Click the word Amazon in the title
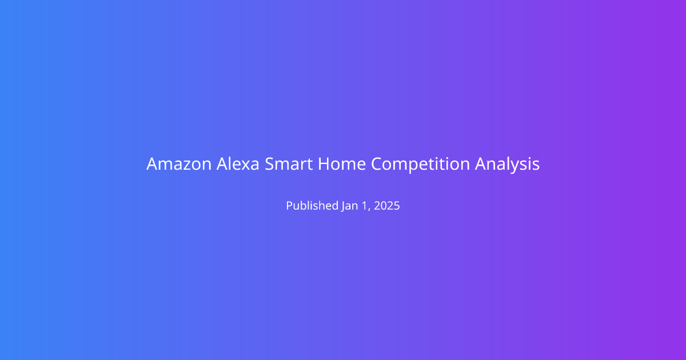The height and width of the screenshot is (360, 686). coord(179,164)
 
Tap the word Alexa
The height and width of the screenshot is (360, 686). coord(238,164)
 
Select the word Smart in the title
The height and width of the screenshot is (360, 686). coord(289,164)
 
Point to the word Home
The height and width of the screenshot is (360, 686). coord(342,164)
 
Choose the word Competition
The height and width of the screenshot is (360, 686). coord(421,165)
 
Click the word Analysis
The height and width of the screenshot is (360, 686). coord(507,165)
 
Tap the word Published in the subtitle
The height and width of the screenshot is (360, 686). coord(312,205)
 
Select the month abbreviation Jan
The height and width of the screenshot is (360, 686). coord(350,206)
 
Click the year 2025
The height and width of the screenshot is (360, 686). coord(387,206)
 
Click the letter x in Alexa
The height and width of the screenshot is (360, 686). coord(245,166)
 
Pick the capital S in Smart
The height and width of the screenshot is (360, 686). coord(269,164)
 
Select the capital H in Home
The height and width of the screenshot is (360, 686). coord(324,164)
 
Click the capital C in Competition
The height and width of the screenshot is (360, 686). coord(377,164)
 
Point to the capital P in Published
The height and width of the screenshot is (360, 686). coord(289,206)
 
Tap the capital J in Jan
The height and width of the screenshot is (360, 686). coord(344,206)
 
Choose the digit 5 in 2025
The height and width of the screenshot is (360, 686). coord(397,206)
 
